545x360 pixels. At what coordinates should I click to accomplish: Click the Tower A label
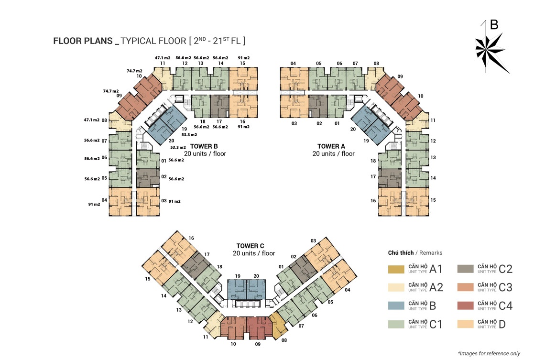[331, 146]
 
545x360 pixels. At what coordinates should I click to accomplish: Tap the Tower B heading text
[204, 146]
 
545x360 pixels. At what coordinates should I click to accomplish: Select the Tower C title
[250, 246]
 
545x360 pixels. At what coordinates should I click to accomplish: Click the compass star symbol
[490, 52]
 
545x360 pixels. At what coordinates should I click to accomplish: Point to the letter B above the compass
[494, 25]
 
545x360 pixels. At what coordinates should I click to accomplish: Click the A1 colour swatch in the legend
[396, 269]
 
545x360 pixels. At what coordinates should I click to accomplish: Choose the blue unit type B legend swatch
[396, 305]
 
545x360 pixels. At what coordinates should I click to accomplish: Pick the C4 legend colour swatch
[466, 305]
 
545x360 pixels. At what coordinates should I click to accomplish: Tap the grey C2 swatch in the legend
[466, 269]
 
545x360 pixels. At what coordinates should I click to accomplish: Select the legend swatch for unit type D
[466, 324]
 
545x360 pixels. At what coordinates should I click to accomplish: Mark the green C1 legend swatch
[396, 324]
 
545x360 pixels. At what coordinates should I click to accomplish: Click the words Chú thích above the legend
[401, 252]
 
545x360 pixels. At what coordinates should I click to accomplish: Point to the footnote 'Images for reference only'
[489, 353]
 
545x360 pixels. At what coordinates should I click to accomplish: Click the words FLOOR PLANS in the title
[83, 41]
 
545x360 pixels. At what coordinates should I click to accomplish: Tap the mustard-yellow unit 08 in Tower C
[278, 325]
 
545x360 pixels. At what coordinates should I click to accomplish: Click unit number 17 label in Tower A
[373, 176]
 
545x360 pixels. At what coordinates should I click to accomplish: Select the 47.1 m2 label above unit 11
[163, 58]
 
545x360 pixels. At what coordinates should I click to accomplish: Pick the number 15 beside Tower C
[148, 279]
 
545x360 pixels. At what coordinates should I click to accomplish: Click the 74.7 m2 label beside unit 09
[111, 91]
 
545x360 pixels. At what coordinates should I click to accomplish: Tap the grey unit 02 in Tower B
[148, 178]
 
